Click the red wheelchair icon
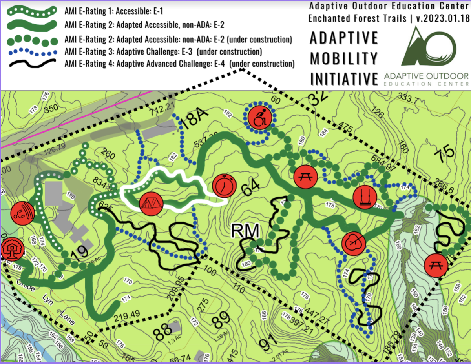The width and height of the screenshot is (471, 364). point(259,116)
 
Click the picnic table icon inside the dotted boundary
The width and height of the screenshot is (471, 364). point(305,177)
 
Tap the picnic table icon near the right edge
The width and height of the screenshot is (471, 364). point(436,265)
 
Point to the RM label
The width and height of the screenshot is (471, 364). point(245,231)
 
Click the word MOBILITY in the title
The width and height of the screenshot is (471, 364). point(343,58)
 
